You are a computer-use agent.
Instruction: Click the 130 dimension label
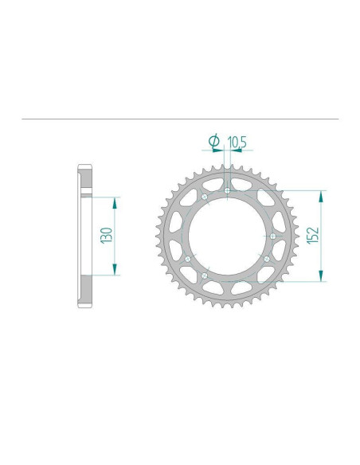tap(107, 235)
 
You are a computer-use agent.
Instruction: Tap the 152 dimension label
tap(312, 236)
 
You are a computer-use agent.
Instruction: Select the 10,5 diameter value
tap(237, 143)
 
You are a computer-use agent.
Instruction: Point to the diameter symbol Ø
tap(213, 141)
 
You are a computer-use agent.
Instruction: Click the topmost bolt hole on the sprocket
tap(227, 190)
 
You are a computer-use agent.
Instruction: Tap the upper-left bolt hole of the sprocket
tap(205, 197)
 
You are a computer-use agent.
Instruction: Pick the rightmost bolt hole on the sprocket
tap(273, 236)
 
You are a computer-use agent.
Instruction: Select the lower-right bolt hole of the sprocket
tap(267, 259)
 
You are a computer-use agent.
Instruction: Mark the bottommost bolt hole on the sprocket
tap(205, 275)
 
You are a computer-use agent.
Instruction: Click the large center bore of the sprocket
tap(227, 236)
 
